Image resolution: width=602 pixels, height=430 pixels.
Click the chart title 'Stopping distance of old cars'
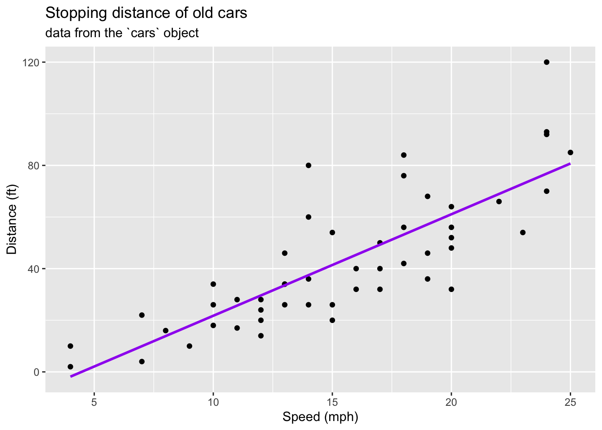pyautogui.click(x=146, y=13)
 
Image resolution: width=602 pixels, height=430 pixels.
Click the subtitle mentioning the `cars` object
pyautogui.click(x=122, y=33)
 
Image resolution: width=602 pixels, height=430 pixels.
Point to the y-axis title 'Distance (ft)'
pyautogui.click(x=12, y=219)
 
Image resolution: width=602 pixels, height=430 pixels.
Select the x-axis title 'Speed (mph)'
pyautogui.click(x=320, y=417)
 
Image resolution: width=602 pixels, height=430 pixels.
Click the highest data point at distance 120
pyautogui.click(x=546, y=62)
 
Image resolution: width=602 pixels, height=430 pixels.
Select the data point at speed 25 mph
pyautogui.click(x=570, y=152)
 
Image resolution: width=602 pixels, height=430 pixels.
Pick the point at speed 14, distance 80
pyautogui.click(x=309, y=165)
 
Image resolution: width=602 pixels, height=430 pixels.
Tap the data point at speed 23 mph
pyautogui.click(x=523, y=232)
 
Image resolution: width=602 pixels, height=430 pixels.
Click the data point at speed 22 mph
pyautogui.click(x=499, y=202)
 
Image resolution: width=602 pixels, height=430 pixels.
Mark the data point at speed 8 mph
pyautogui.click(x=166, y=331)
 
